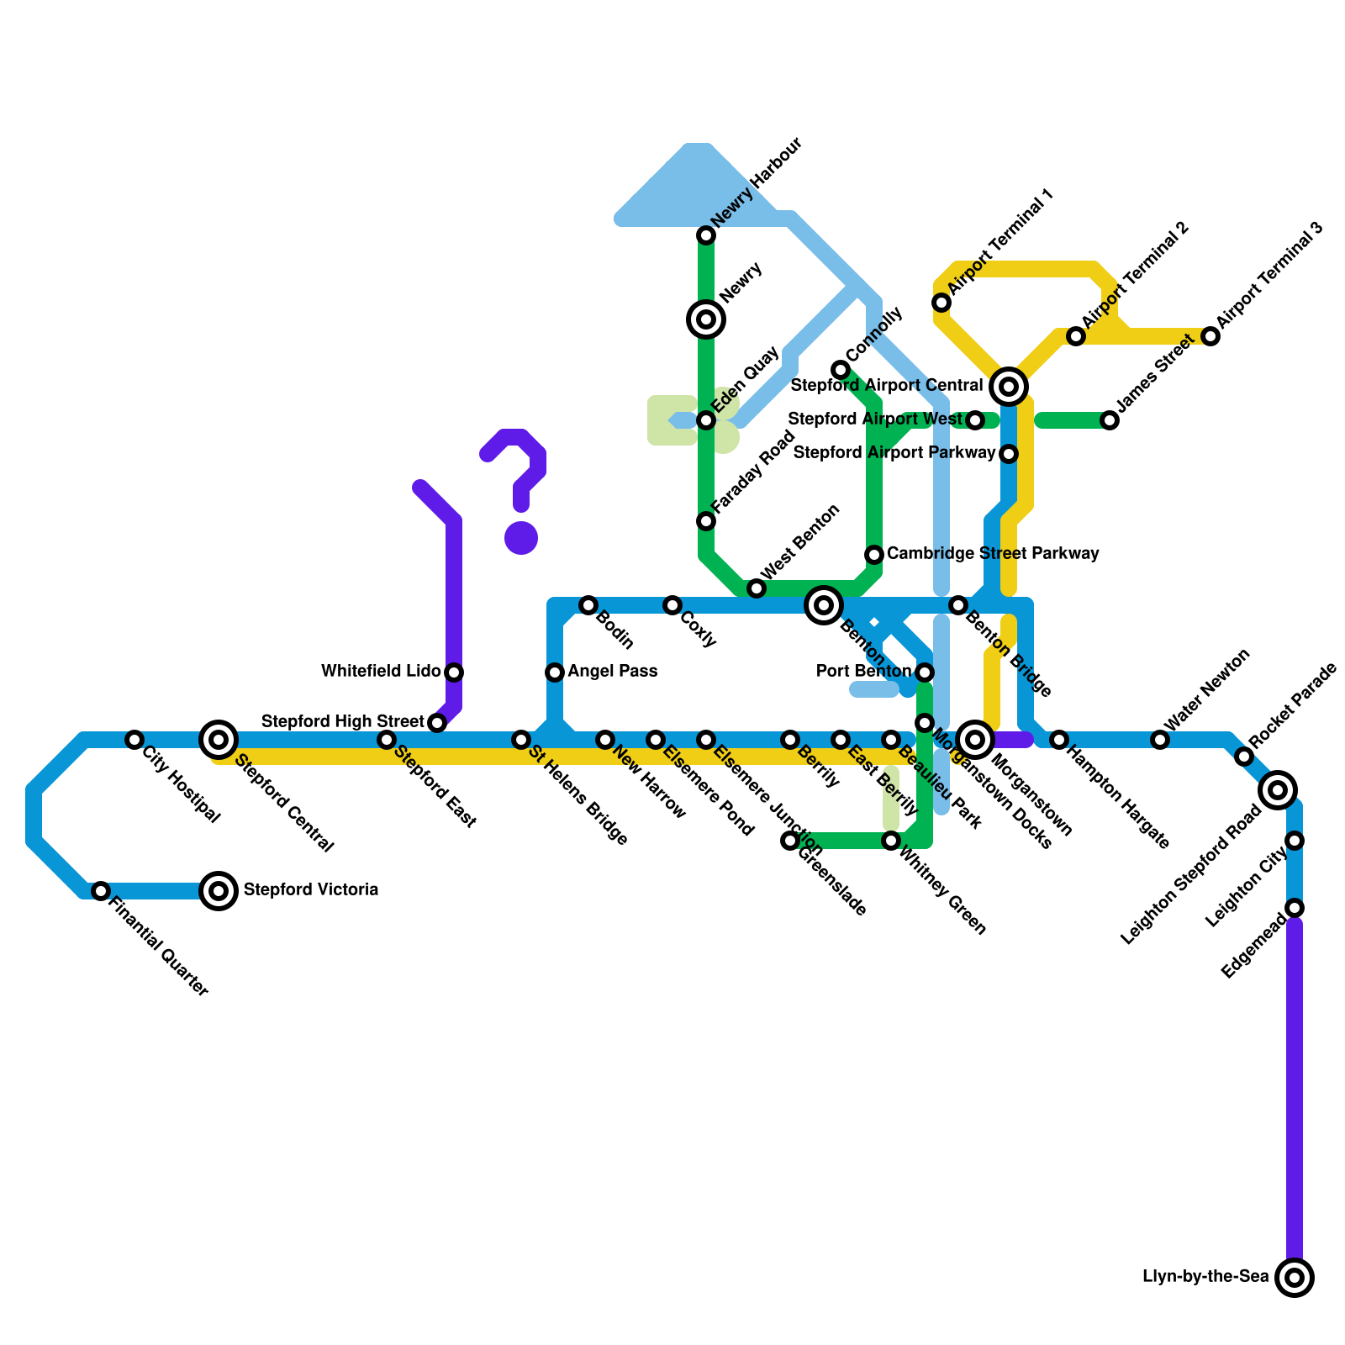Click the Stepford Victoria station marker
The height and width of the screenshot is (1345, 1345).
[x=219, y=890]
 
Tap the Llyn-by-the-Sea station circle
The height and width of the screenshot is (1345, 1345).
[x=1295, y=1278]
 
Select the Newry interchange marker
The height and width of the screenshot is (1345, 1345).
[x=706, y=319]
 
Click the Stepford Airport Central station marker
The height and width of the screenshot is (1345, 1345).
[x=1009, y=387]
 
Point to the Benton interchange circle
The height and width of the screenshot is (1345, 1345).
[x=824, y=605]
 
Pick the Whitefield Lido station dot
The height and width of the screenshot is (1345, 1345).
[x=454, y=672]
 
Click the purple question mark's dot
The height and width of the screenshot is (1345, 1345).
[x=521, y=538]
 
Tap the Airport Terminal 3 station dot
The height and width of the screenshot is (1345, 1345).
[x=1210, y=336]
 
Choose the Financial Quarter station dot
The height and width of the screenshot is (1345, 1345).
[x=101, y=891]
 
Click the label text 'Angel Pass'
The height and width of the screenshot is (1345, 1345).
[x=612, y=672]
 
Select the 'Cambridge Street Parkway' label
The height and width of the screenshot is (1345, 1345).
[x=993, y=554]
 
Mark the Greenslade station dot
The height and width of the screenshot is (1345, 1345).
[x=790, y=841]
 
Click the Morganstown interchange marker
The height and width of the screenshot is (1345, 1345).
[x=975, y=740]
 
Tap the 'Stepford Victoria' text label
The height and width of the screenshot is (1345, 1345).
[x=310, y=890]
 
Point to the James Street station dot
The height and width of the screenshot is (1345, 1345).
[x=1110, y=420]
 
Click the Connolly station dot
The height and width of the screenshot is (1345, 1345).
[x=841, y=370]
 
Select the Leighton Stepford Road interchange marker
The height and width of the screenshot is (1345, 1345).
[x=1278, y=790]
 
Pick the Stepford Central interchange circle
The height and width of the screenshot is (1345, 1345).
[x=219, y=740]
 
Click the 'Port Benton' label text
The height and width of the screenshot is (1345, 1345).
[x=863, y=672]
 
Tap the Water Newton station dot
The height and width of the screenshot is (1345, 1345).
[x=1160, y=740]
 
